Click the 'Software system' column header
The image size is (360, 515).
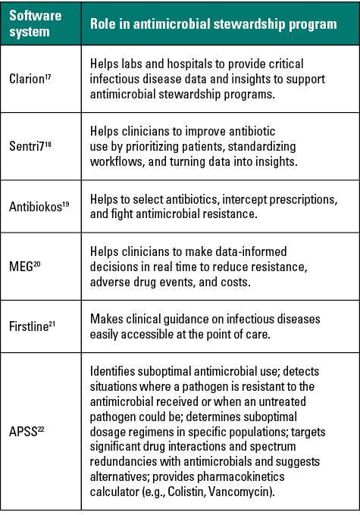tap(36, 23)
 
